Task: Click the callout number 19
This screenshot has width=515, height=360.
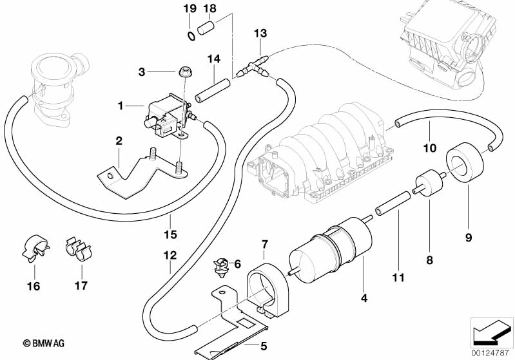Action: point(189,9)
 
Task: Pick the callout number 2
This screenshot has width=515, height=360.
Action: point(119,140)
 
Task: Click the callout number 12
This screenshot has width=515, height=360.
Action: point(169,256)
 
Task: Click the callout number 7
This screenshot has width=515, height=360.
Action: point(264,244)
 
